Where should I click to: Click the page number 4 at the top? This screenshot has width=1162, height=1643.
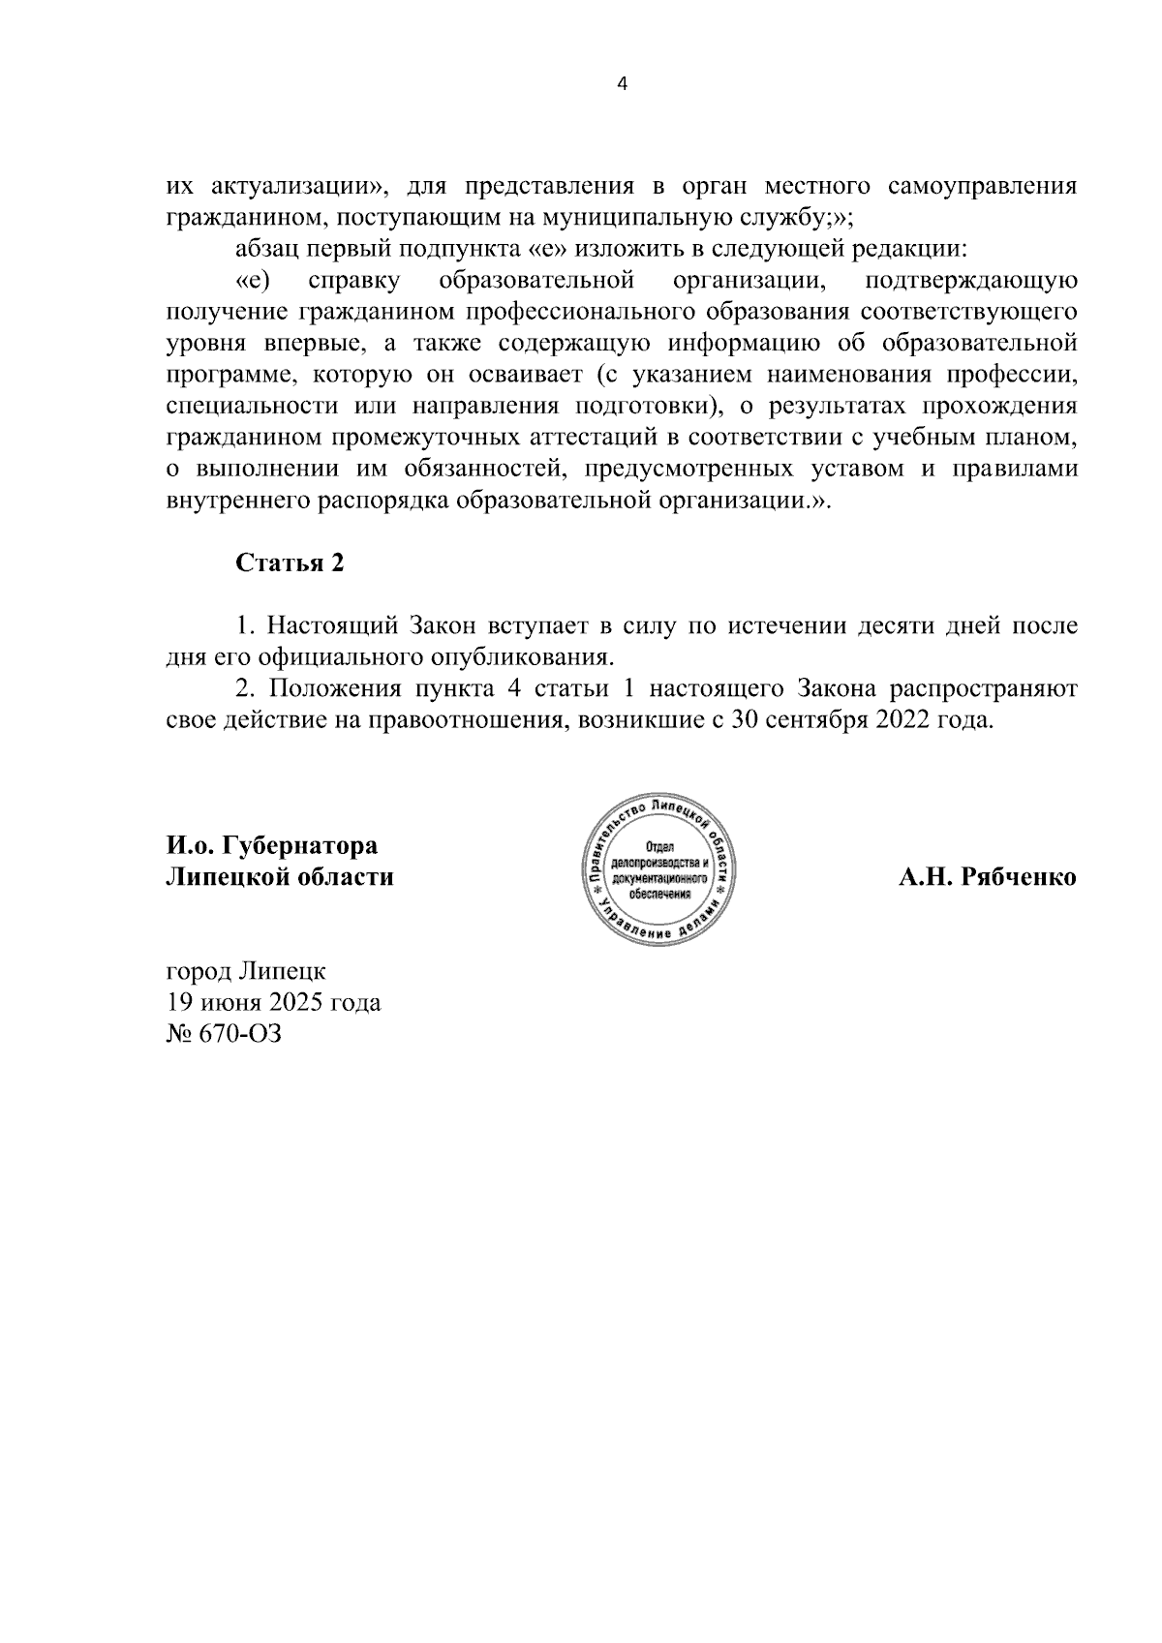coord(622,84)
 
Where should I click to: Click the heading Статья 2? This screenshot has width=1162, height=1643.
coord(290,563)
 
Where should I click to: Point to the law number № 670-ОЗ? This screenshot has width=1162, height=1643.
coord(224,1034)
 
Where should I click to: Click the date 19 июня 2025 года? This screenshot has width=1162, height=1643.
coord(274,1002)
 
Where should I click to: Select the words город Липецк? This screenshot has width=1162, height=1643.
coord(247,970)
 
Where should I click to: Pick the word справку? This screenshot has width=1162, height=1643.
coord(346,281)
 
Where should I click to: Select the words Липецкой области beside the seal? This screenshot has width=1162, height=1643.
coord(281,878)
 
